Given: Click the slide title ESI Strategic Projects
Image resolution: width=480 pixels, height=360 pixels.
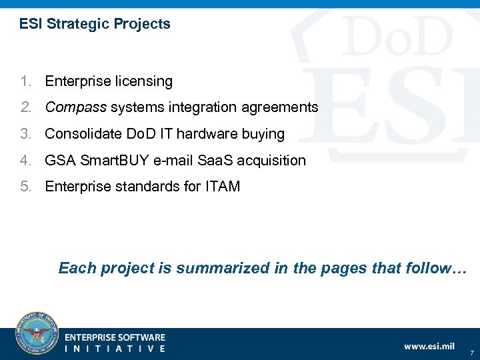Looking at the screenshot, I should (x=95, y=25).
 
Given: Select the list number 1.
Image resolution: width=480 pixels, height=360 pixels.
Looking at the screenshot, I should (x=25, y=81).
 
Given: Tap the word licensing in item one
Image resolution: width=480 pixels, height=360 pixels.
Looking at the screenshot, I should (x=144, y=81).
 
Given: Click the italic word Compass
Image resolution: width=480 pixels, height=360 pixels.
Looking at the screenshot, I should (x=75, y=107).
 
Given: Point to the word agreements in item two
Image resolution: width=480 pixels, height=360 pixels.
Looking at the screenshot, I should (x=284, y=107).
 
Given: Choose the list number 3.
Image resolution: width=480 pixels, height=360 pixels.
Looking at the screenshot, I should (x=25, y=134).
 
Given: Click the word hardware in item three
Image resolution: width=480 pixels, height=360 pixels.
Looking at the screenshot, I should (x=217, y=134).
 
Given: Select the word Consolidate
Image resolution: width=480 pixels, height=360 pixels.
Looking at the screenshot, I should (x=83, y=134).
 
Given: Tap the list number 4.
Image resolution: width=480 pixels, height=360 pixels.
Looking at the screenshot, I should (x=25, y=161).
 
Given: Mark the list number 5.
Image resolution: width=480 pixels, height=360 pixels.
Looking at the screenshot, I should (x=25, y=187).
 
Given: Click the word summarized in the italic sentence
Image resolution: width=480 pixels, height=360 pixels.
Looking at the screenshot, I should (x=219, y=268).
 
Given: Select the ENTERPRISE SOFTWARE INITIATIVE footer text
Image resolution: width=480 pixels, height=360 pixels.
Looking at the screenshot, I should (x=115, y=343).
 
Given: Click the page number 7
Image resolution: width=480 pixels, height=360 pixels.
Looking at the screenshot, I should (x=471, y=352).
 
